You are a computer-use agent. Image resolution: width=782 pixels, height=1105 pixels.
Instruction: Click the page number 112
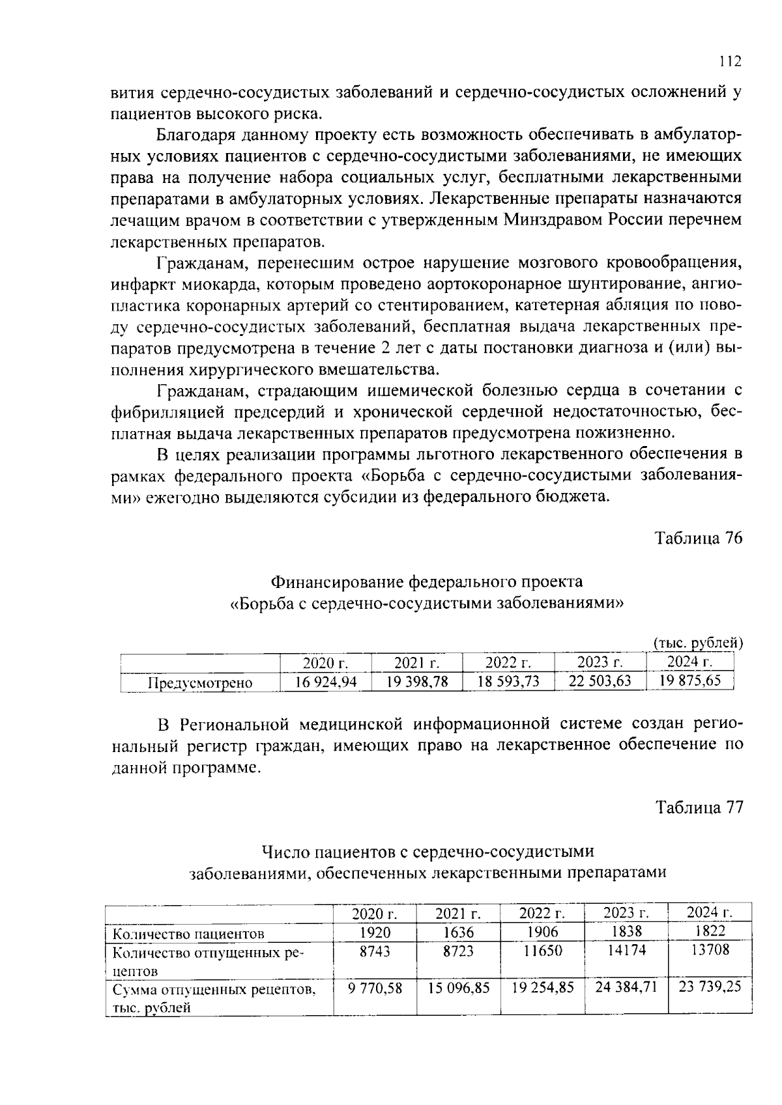coord(730,62)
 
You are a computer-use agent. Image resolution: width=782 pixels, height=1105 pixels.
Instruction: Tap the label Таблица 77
coord(699,807)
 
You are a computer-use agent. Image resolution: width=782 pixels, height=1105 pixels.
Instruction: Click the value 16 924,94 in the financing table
coord(326,682)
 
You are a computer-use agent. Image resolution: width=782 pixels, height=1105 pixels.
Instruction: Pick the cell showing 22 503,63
coord(600,682)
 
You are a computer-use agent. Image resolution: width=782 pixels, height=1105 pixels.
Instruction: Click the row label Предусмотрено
coord(200,683)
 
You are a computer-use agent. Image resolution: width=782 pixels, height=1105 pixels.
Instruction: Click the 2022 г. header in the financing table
coord(508,664)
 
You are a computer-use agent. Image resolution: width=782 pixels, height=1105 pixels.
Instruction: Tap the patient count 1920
coord(375,932)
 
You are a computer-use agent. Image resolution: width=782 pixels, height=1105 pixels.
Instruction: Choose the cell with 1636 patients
coord(458,932)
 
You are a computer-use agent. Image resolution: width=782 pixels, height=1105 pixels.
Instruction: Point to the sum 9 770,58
coord(375,988)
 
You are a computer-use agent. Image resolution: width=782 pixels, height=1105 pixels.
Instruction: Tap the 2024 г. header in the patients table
coord(710,912)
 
